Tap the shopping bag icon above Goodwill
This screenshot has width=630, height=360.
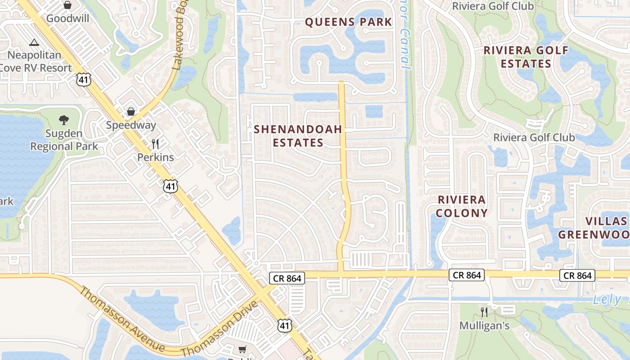click(67, 5)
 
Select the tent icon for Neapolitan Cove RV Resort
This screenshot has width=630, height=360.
click(34, 43)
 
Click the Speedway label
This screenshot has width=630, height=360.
click(131, 125)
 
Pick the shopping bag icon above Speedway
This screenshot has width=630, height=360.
click(131, 111)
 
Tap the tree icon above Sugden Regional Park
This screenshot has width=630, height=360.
click(64, 120)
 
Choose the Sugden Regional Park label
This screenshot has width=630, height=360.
click(64, 140)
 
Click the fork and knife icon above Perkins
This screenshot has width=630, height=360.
click(155, 144)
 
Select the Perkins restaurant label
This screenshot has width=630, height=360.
click(155, 157)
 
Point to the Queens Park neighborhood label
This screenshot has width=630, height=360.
click(348, 22)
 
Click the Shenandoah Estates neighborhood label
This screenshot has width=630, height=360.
click(298, 136)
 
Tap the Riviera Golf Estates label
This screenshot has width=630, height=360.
click(526, 57)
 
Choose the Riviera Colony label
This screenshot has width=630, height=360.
click(462, 206)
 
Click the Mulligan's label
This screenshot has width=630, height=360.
click(484, 325)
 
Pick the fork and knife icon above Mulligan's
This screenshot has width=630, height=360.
click(484, 312)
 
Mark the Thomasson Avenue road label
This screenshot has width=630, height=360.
click(121, 319)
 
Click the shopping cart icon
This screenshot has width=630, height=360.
click(243, 349)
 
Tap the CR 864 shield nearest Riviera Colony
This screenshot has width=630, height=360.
click(467, 275)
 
